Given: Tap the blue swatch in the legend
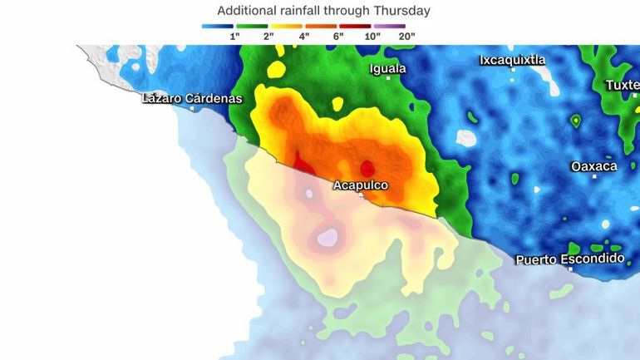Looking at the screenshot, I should (217, 27).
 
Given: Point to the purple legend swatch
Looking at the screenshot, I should (389, 27).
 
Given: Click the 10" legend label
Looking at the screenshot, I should (372, 37).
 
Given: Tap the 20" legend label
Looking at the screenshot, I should (406, 37).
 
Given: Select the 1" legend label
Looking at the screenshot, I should (235, 37).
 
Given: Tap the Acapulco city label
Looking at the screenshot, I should (360, 185).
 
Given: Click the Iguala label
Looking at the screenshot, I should (387, 68).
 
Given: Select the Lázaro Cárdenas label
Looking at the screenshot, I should (192, 98).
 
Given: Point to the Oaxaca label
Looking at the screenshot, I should (593, 166).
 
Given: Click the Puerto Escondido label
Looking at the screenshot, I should (569, 259).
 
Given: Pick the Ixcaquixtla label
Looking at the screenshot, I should (512, 60).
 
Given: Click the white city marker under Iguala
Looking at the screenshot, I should (388, 78).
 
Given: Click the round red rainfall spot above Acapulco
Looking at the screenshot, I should (367, 168).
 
